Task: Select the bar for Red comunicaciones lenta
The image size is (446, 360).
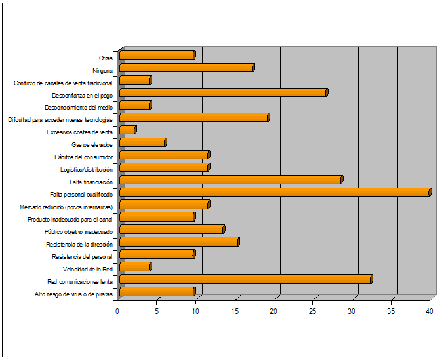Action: point(246,279)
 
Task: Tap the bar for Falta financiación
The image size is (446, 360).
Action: point(231,180)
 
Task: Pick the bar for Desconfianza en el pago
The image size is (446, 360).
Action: point(224,92)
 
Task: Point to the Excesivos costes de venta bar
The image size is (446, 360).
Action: point(128,130)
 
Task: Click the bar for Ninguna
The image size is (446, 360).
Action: point(187,68)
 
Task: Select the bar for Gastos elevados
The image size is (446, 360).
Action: point(143,142)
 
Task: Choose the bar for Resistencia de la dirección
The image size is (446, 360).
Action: point(179,242)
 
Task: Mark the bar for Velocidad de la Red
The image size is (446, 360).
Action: point(136,267)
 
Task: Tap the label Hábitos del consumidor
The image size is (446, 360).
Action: point(84,157)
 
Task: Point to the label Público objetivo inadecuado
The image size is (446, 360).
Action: point(79,232)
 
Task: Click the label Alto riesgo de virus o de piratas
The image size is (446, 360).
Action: point(73,294)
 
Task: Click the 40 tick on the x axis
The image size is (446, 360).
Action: point(430,311)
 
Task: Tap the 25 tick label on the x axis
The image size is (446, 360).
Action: point(313,311)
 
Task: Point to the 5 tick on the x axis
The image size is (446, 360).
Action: point(157,311)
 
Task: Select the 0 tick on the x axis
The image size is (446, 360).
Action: point(117,311)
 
